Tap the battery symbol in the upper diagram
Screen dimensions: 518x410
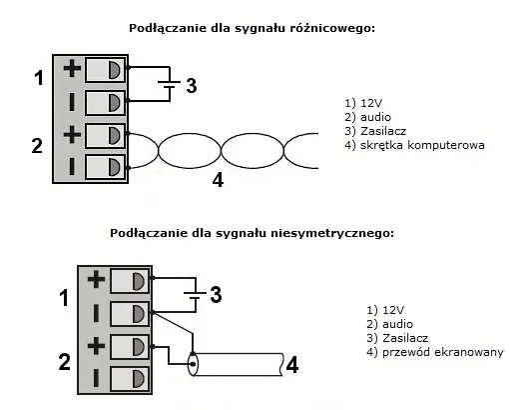[x=170, y=84]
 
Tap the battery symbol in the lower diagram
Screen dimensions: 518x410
[x=195, y=295]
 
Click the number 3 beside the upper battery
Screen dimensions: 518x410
[x=192, y=85]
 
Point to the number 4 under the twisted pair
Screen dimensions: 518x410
[x=218, y=181]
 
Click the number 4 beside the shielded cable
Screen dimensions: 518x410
[x=292, y=365]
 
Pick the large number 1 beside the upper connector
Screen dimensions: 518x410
[x=39, y=78]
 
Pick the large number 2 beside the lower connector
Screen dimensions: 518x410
[x=65, y=362]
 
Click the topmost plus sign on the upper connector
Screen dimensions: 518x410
[x=72, y=69]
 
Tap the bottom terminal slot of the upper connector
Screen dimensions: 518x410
[x=105, y=166]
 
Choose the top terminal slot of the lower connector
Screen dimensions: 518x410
[x=130, y=281]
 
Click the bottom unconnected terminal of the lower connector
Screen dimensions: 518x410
[x=130, y=378]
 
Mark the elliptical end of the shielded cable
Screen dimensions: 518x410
[x=193, y=364]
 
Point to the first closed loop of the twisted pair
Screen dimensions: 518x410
[x=190, y=134]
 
